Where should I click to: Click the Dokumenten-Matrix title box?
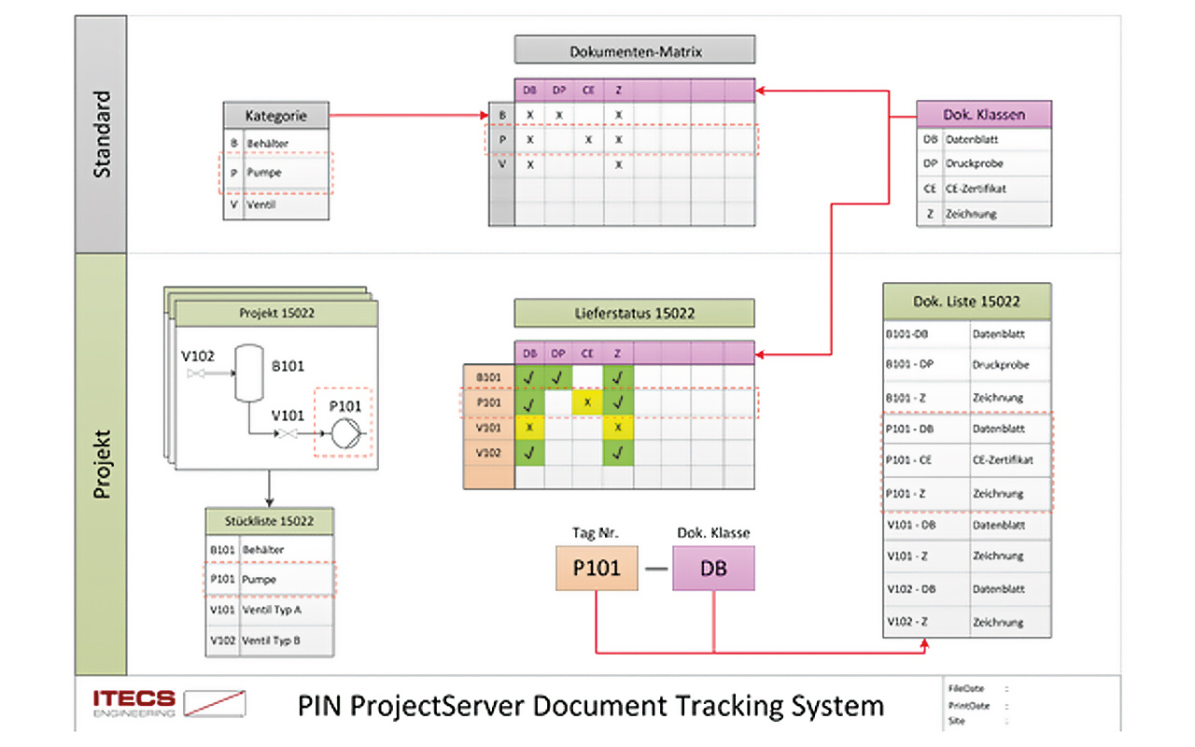[634, 50]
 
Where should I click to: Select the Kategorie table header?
[276, 117]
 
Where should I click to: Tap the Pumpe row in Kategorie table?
[276, 173]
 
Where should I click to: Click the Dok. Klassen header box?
[984, 115]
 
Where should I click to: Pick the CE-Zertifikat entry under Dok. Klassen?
[984, 189]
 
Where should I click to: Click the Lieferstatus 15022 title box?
[634, 313]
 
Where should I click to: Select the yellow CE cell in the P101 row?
[587, 403]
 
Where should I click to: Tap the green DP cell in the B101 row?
[559, 378]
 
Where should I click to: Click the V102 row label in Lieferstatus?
[488, 453]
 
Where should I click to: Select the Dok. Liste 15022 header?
[966, 302]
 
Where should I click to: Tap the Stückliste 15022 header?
[270, 521]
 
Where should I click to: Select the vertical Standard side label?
[101, 134]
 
